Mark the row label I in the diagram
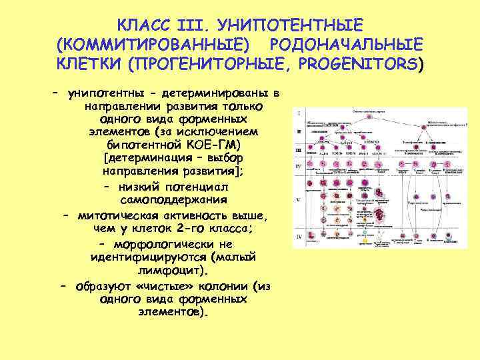(x=298, y=113)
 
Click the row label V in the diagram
(x=298, y=199)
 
